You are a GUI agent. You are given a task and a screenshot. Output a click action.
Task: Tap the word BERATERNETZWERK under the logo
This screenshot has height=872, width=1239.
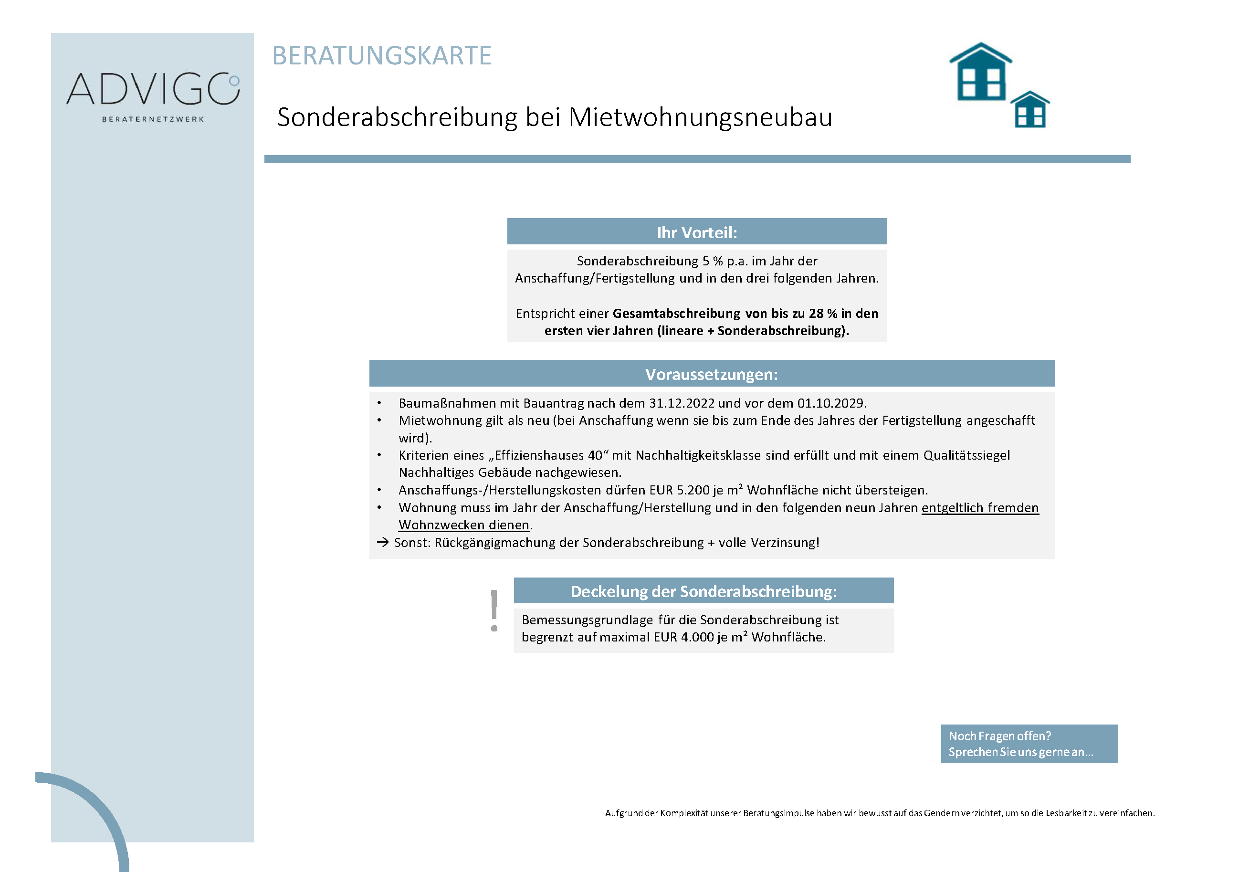tap(153, 119)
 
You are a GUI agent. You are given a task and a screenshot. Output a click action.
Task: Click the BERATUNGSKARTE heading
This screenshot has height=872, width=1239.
tap(381, 55)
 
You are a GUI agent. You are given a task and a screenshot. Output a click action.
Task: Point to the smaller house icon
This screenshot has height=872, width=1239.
tap(1029, 110)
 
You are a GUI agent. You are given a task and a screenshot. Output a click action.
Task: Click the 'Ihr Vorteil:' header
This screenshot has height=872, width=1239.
tap(697, 232)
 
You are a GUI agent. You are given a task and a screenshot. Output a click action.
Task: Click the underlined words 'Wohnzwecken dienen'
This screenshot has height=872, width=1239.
tap(463, 525)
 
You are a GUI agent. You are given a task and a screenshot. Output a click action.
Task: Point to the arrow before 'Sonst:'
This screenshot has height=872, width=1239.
tap(383, 542)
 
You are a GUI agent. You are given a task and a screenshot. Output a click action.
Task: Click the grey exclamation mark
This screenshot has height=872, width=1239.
tap(494, 610)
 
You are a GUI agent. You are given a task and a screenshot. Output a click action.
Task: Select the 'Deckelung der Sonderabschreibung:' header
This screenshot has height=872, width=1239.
tap(703, 591)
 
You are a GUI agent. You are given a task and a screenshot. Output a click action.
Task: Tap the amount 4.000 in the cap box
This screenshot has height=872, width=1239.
tap(697, 637)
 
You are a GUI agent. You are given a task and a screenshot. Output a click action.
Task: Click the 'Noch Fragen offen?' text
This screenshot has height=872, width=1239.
tap(999, 736)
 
